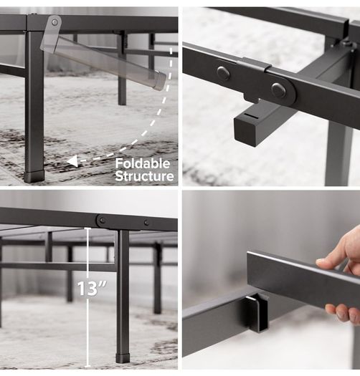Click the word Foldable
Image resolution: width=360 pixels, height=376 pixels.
click(x=143, y=164)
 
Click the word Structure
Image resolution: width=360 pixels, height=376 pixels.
click(x=144, y=176)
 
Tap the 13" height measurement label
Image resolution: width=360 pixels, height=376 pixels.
click(x=92, y=288)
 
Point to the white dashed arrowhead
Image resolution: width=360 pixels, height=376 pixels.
click(x=72, y=160)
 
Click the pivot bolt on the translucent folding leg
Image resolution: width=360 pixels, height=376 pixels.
click(x=55, y=22)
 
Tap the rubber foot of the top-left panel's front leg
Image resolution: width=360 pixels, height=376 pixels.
click(x=34, y=176)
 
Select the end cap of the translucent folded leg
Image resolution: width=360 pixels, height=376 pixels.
click(x=160, y=80)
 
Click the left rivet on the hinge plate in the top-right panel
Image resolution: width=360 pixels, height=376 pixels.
click(x=223, y=72)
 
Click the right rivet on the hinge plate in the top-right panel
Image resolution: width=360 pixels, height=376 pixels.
click(x=278, y=90)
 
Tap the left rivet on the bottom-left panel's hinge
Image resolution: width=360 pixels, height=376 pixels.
click(x=103, y=220)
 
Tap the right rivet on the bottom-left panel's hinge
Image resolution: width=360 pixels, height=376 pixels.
click(x=146, y=223)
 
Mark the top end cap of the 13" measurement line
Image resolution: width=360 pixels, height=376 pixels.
click(x=87, y=229)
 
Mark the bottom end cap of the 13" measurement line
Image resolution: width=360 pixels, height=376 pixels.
click(x=87, y=366)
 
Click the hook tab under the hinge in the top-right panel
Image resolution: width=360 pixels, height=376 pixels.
click(x=251, y=97)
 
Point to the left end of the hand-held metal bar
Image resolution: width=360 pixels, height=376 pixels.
click(x=249, y=266)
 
